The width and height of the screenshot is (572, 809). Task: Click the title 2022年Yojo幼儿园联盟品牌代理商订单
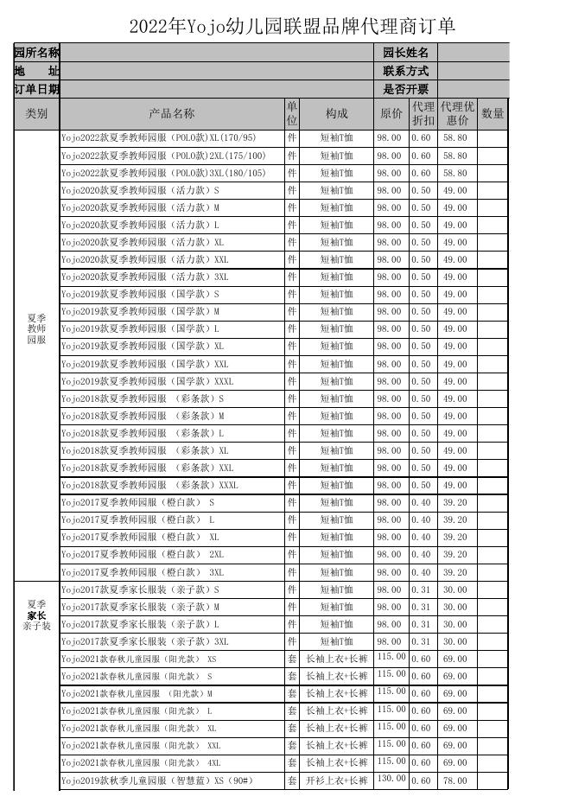(292, 27)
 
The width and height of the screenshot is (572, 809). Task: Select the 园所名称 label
(36, 54)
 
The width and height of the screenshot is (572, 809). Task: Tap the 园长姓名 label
(405, 54)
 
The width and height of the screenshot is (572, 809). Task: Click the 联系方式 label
(405, 71)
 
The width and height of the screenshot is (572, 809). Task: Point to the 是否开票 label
(405, 89)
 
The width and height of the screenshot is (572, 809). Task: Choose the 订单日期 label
(36, 89)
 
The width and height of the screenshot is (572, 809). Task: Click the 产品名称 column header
(171, 114)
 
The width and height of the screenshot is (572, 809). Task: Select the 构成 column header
(336, 114)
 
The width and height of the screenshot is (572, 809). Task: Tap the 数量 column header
(492, 114)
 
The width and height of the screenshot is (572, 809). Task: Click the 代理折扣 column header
(423, 114)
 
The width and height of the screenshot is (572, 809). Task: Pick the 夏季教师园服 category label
(36, 328)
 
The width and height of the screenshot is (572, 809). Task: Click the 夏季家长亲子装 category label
(36, 615)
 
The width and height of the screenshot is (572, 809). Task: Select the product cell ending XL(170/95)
(158, 138)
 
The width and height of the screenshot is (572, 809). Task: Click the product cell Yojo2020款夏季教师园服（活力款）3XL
(144, 277)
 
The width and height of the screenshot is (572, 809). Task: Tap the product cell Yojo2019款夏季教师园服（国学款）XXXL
(147, 381)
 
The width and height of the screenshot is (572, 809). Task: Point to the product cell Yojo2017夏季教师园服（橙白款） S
(137, 502)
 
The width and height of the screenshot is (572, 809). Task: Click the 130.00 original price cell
(391, 780)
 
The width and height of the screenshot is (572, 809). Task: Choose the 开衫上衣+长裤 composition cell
(336, 781)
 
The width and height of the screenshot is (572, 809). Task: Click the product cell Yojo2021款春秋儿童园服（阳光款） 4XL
(141, 763)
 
